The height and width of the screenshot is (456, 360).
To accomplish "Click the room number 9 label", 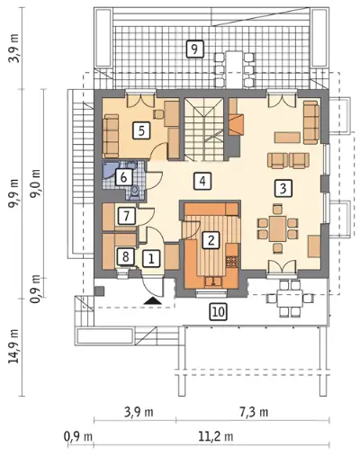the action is (194, 49).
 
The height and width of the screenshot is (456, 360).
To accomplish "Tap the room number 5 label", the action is (141, 131).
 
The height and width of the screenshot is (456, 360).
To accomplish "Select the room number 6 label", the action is (123, 177).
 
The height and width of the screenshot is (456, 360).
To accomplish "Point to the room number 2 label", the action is (211, 239).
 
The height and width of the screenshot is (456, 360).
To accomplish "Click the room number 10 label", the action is (219, 312).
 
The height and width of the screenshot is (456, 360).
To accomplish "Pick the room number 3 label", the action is (283, 188).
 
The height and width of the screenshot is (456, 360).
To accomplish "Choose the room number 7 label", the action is (126, 216).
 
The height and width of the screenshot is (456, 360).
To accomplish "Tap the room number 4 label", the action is (202, 181).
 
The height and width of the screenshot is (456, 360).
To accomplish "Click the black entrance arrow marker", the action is (153, 300).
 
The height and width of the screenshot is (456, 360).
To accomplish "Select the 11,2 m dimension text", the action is (216, 436).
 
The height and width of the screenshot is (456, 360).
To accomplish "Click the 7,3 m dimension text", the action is (254, 412).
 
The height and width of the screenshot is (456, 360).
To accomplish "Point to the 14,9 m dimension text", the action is (13, 346).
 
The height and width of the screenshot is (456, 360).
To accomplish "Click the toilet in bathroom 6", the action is (135, 192).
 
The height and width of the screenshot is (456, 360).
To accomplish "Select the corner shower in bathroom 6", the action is (109, 170).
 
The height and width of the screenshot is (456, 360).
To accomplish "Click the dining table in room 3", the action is (277, 228).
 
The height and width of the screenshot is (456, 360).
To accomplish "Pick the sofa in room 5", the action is (111, 137).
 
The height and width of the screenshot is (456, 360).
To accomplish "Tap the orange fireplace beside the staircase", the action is (237, 124).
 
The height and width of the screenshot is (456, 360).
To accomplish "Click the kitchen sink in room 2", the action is (213, 282).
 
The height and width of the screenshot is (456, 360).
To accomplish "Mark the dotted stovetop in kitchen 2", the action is (231, 262).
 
